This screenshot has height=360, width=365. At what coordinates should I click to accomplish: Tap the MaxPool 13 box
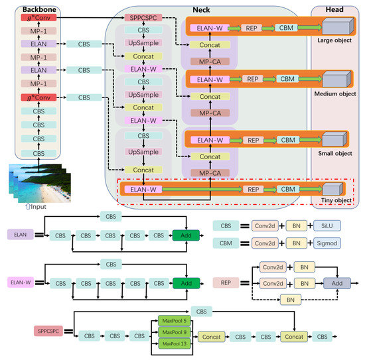click(x=176, y=344)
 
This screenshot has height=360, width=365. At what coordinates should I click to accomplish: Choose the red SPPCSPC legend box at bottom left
click(x=51, y=329)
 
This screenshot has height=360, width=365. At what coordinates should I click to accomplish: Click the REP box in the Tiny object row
click(x=252, y=190)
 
